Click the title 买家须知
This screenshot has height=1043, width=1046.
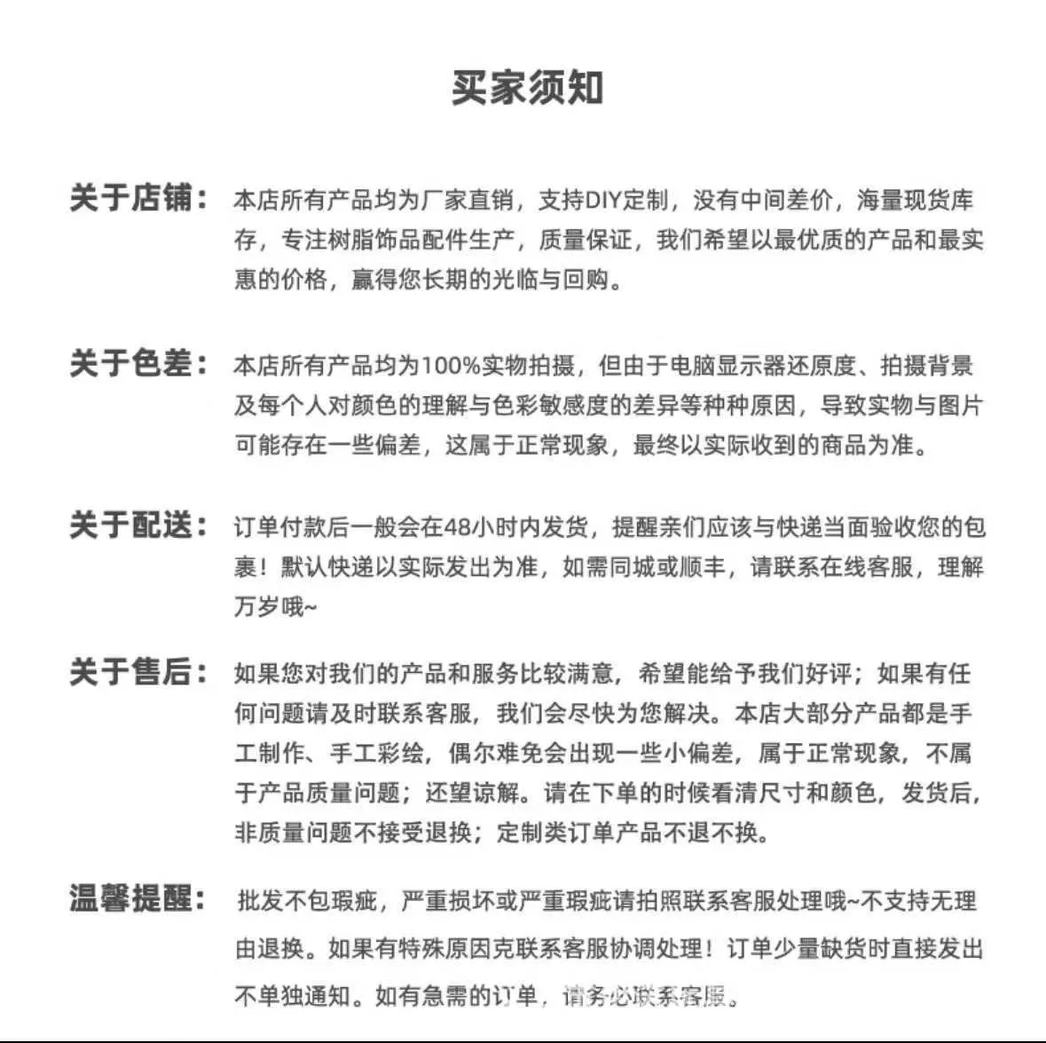[527, 88]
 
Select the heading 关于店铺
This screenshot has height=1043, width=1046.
[131, 198]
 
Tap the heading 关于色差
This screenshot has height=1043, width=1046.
[131, 364]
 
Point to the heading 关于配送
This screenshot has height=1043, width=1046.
[131, 525]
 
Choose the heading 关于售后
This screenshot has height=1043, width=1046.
[131, 672]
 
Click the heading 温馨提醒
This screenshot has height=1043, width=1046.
[131, 899]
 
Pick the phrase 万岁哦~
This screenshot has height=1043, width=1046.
[275, 607]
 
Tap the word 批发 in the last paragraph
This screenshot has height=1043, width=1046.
[259, 902]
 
